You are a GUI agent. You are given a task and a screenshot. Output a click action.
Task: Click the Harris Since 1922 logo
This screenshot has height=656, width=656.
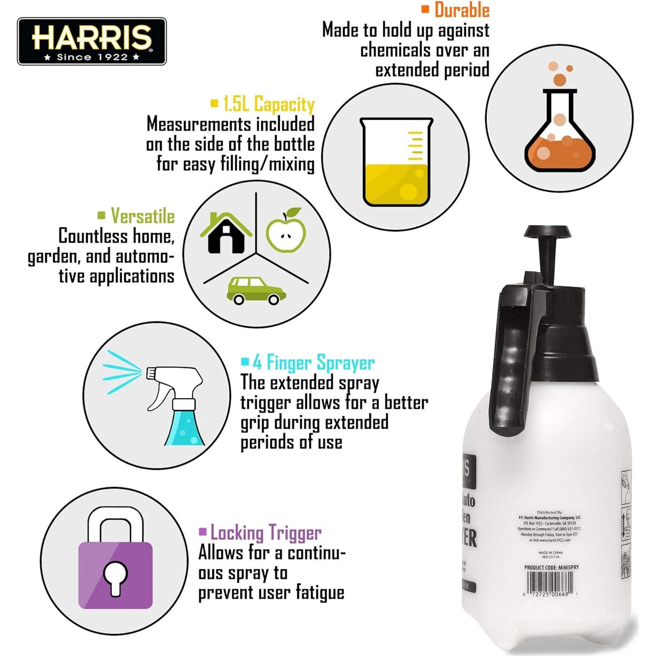tap(92, 42)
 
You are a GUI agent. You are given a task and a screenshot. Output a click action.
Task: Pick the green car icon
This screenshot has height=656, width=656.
tap(256, 291)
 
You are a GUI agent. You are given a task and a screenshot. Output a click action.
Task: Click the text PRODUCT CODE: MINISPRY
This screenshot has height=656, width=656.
tap(551, 567)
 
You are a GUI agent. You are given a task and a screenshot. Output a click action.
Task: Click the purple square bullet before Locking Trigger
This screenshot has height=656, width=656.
tap(202, 532)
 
